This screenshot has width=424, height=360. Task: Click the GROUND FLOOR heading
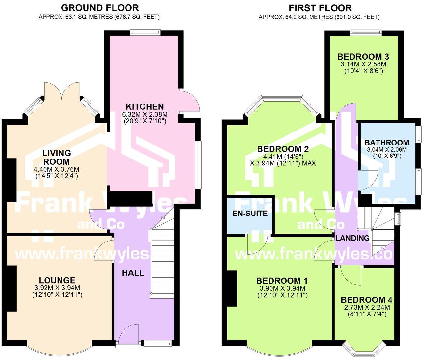pyautogui.click(x=100, y=8)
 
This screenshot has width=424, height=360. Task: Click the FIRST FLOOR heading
pyautogui.click(x=320, y=8)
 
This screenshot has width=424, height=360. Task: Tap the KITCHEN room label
pyautogui.click(x=145, y=106)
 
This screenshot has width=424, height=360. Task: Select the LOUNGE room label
pyautogui.click(x=57, y=280)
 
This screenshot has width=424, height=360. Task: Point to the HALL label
pyautogui.click(x=133, y=273)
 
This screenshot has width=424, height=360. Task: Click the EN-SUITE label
pyautogui.click(x=250, y=214)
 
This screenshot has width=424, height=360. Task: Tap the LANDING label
pyautogui.click(x=352, y=238)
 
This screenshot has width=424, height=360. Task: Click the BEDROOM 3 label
pyautogui.click(x=363, y=57)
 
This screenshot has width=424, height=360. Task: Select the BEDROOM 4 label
pyautogui.click(x=366, y=300)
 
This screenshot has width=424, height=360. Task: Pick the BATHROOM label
pyautogui.click(x=387, y=143)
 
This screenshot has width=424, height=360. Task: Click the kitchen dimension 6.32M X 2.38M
pyautogui.click(x=145, y=114)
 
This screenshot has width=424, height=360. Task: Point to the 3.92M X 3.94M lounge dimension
pyautogui.click(x=57, y=287)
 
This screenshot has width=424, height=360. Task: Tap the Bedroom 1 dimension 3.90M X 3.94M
pyautogui.click(x=283, y=288)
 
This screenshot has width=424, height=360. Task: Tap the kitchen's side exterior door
pyautogui.click(x=189, y=101)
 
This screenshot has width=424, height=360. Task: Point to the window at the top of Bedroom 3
pyautogui.click(x=366, y=33)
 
